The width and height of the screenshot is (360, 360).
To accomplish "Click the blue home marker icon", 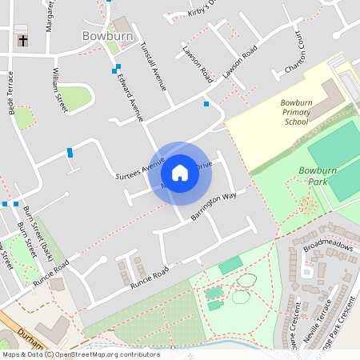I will [179, 173].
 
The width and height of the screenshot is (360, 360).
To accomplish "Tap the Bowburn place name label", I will [105, 36].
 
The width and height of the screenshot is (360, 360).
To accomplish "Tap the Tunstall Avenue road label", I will [152, 66].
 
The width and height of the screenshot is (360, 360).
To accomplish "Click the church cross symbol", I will [22, 39].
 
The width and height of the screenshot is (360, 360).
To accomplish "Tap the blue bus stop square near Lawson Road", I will [206, 104].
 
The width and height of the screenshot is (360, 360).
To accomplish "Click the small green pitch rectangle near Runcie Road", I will [230, 265].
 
